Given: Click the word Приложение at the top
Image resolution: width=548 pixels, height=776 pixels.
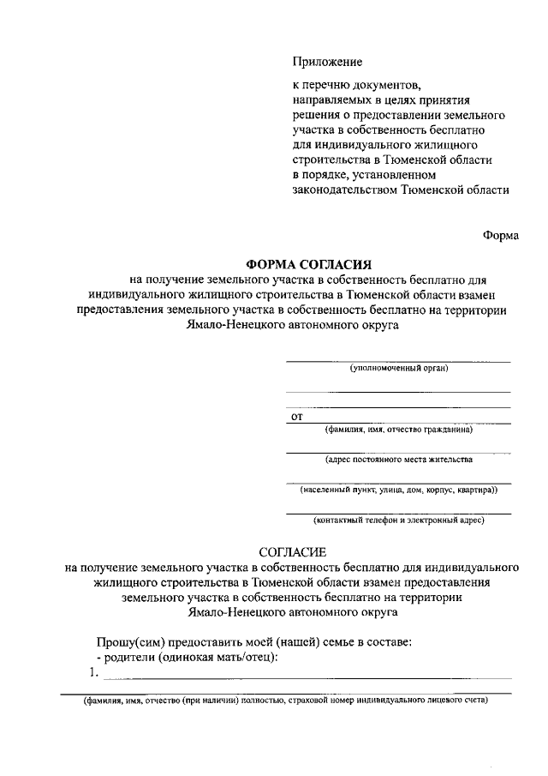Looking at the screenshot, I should pos(328,62).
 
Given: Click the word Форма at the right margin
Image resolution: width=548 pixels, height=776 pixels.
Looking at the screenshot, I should pos(500,236).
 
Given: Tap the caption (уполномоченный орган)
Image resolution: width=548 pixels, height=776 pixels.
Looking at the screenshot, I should pos(399,369).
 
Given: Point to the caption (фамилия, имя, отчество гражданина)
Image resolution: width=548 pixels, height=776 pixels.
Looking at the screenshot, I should pos(398,430).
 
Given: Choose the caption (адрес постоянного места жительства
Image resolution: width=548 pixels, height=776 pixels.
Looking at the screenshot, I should pos(398,460).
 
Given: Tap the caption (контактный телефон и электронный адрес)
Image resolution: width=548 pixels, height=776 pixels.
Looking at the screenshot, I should pos(399,520).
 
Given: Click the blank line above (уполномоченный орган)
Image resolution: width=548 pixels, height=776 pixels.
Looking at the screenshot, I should pos(398,360).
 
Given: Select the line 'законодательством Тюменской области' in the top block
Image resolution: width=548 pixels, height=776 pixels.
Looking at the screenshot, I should pos(400,190).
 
